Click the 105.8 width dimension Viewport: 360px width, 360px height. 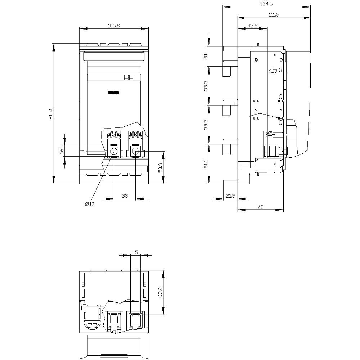coord(114,26)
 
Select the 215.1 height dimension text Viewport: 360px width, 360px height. coord(51,113)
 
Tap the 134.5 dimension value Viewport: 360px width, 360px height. coord(266,4)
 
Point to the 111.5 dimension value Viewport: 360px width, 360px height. coord(274,15)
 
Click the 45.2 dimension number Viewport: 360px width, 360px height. coord(252,26)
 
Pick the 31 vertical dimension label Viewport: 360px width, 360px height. coord(206,56)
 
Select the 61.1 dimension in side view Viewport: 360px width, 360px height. coord(206,164)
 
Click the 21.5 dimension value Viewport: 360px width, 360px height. coord(230,195)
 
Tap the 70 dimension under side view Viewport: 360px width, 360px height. coord(260,207)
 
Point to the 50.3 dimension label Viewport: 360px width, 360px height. coord(161,168)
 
